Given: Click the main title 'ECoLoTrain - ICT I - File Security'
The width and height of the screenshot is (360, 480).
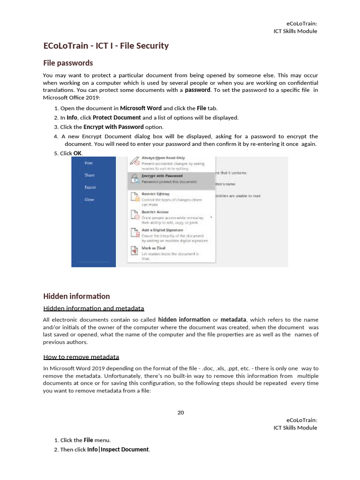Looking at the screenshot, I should (105, 46).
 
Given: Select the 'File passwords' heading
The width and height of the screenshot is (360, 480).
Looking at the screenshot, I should (68, 63).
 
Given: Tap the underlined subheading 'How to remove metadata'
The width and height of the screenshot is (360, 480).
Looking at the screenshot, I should (81, 357).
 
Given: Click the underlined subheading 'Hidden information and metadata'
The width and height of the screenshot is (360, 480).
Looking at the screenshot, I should (93, 308).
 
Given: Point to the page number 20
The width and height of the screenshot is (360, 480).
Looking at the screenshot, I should (180, 412).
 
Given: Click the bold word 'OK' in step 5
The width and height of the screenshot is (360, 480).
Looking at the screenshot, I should (78, 153).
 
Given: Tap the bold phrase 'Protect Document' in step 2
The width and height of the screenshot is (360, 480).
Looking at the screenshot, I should (117, 118).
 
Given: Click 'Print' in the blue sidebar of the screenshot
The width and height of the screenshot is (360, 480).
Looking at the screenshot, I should (89, 163).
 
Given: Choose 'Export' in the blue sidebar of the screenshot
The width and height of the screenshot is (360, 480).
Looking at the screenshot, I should (90, 187).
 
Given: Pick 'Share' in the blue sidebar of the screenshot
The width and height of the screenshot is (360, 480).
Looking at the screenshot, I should (90, 175).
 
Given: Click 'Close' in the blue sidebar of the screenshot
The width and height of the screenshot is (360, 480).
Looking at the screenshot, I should (89, 200).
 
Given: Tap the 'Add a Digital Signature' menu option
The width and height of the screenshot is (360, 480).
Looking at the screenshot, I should (163, 230).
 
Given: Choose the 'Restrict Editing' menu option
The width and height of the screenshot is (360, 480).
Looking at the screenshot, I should (155, 194).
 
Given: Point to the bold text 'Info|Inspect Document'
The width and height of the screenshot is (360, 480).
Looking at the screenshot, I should (118, 450).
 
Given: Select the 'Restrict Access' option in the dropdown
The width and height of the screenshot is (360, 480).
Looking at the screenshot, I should (155, 212).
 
